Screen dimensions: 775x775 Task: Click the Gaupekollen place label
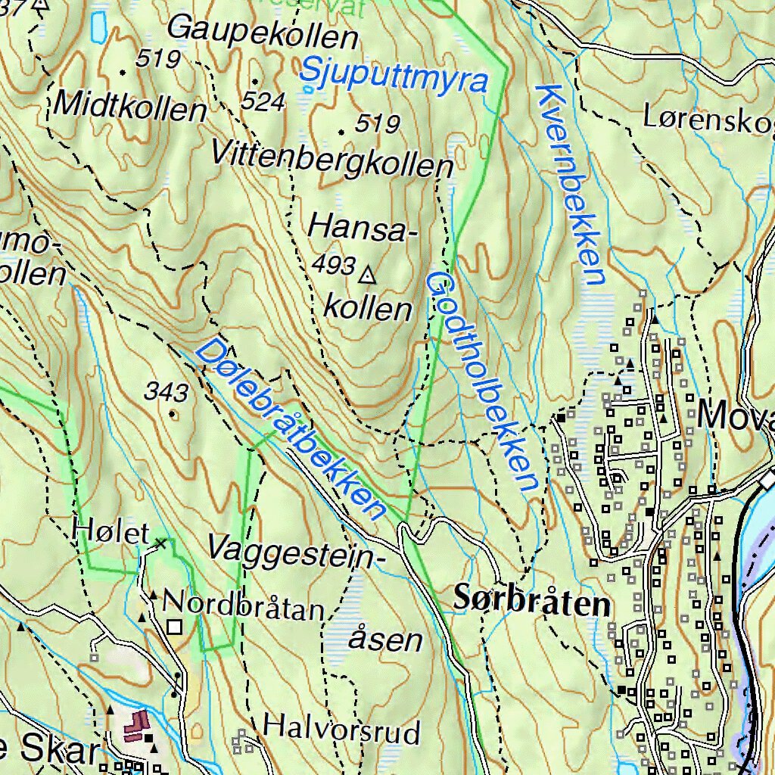[263, 32]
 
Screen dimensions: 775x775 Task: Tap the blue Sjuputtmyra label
[393, 75]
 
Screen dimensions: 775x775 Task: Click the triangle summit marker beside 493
[369, 274]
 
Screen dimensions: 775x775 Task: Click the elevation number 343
[167, 392]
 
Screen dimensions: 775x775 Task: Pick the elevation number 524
[264, 101]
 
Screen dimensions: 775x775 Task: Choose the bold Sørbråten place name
[532, 602]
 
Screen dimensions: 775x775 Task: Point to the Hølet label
[111, 532]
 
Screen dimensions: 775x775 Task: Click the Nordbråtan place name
[243, 606]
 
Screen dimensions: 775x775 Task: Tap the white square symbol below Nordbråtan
[176, 627]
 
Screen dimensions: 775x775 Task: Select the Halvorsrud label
[341, 732]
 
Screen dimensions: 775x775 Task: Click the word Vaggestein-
[291, 548]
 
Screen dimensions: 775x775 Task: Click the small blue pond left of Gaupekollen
[98, 26]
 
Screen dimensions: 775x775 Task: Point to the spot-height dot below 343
[173, 413]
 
